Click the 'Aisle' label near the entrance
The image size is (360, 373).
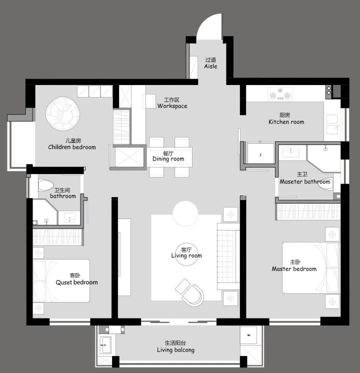point(210,66)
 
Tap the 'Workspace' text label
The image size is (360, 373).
point(172,106)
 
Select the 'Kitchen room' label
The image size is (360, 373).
point(286,122)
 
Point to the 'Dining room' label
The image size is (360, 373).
point(168,159)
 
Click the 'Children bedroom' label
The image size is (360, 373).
point(72,147)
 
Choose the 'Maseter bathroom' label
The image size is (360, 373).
point(305,181)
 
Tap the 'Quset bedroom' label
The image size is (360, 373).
point(76,282)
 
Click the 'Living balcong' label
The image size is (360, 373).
point(175,350)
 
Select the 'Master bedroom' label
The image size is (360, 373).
point(294,269)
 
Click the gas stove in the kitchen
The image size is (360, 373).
point(280,93)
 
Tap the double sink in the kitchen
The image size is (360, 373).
point(332,124)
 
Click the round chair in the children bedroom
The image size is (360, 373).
point(62,113)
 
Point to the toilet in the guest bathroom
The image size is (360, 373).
point(45,185)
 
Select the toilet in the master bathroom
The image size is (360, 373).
point(325,184)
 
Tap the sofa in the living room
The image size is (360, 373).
point(228,256)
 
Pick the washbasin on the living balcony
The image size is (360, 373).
point(105,345)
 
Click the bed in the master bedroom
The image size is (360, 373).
point(310,268)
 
